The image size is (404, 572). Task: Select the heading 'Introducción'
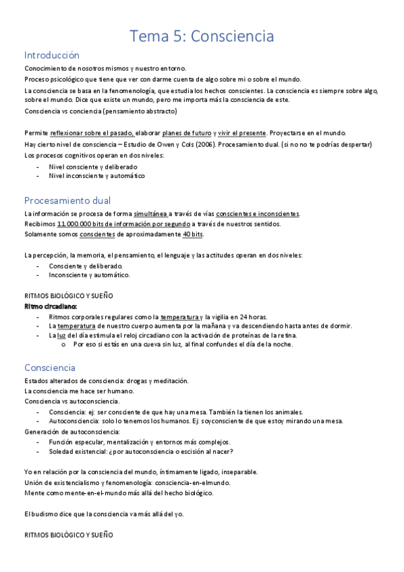coord(52,55)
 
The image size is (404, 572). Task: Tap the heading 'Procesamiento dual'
coord(67,200)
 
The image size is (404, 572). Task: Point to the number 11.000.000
coord(75,223)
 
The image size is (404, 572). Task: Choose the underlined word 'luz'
coord(61,335)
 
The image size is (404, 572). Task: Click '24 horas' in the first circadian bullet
coord(254,316)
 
